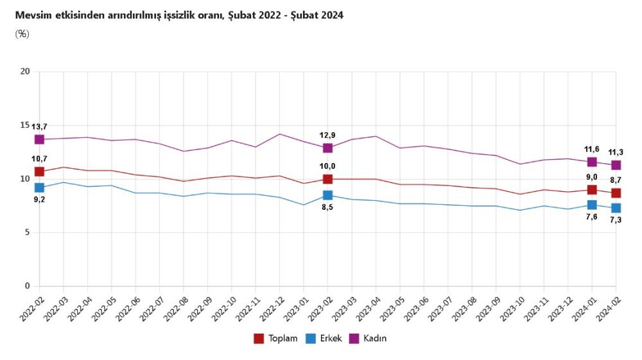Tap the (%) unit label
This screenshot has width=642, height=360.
tap(22, 33)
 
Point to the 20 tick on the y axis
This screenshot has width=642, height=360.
tap(26, 71)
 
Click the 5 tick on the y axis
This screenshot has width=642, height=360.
tap(28, 232)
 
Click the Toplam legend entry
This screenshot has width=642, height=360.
tap(276, 338)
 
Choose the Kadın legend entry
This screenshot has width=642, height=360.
tap(368, 338)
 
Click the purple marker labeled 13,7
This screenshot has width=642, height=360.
tap(39, 139)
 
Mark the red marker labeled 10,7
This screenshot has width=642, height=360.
tap(39, 171)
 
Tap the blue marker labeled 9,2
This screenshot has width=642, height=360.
tap(39, 187)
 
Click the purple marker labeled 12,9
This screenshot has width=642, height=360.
tap(327, 148)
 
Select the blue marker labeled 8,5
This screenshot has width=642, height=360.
tap(327, 195)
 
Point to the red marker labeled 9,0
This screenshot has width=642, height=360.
tap(592, 189)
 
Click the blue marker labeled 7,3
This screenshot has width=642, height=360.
tap(616, 208)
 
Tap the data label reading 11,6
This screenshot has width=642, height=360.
tap(591, 149)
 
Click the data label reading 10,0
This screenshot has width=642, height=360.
tap(327, 166)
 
